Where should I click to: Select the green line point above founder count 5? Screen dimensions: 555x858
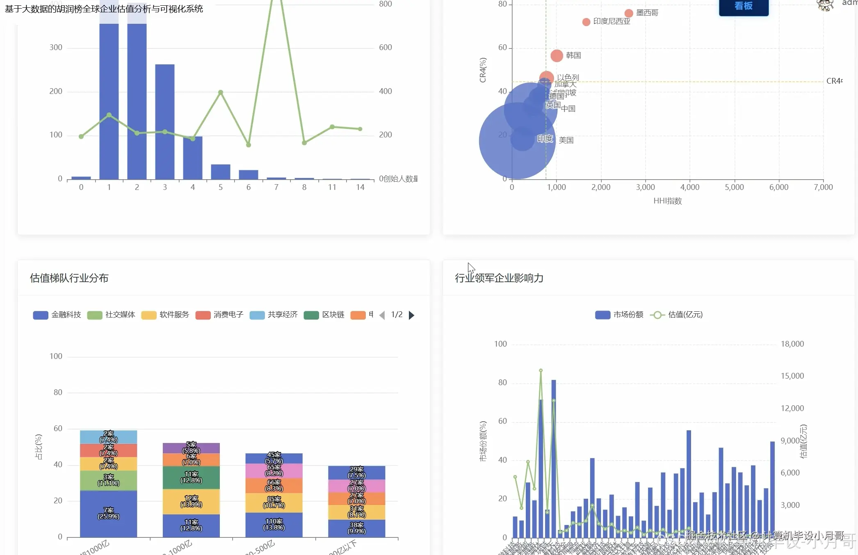point(221,92)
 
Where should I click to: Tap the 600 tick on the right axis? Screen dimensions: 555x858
point(386,48)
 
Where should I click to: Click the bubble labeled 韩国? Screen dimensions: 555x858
point(557,55)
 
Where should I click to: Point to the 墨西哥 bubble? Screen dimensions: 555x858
point(629,13)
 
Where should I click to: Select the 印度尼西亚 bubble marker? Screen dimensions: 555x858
point(586,22)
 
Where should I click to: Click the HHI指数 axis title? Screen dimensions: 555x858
point(667,201)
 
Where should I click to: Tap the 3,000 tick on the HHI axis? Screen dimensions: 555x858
point(645,187)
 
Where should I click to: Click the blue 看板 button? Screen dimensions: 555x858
point(743,7)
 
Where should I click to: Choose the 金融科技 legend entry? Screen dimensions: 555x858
point(57,315)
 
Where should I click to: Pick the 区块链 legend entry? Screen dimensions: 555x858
point(324,315)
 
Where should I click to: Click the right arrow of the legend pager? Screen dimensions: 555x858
point(412,315)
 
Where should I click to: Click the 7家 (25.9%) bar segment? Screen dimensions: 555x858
point(108,514)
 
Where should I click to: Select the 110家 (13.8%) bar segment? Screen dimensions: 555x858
point(274,525)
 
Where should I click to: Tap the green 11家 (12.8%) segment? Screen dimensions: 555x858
point(191,477)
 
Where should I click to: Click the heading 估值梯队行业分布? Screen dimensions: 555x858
point(69,278)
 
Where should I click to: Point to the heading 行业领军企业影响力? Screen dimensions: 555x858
point(499,278)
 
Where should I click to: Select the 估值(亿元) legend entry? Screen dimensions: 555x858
point(677,315)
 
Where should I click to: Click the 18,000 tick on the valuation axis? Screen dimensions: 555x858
point(792,344)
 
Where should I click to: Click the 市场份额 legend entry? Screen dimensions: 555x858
point(619,315)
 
